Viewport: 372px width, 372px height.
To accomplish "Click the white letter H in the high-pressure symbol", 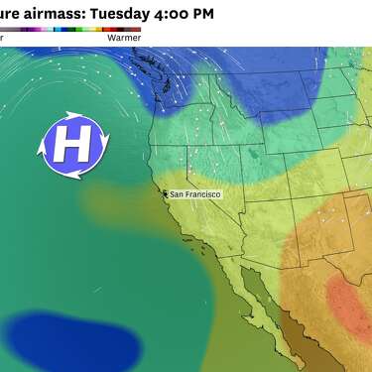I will click(70, 145).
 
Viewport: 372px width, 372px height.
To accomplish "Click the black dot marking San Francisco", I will click(166, 194).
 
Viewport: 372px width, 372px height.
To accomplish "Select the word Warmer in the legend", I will click(123, 39).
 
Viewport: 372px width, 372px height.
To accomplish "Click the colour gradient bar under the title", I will click(69, 30).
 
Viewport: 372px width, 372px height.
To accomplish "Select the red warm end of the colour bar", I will click(135, 30).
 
